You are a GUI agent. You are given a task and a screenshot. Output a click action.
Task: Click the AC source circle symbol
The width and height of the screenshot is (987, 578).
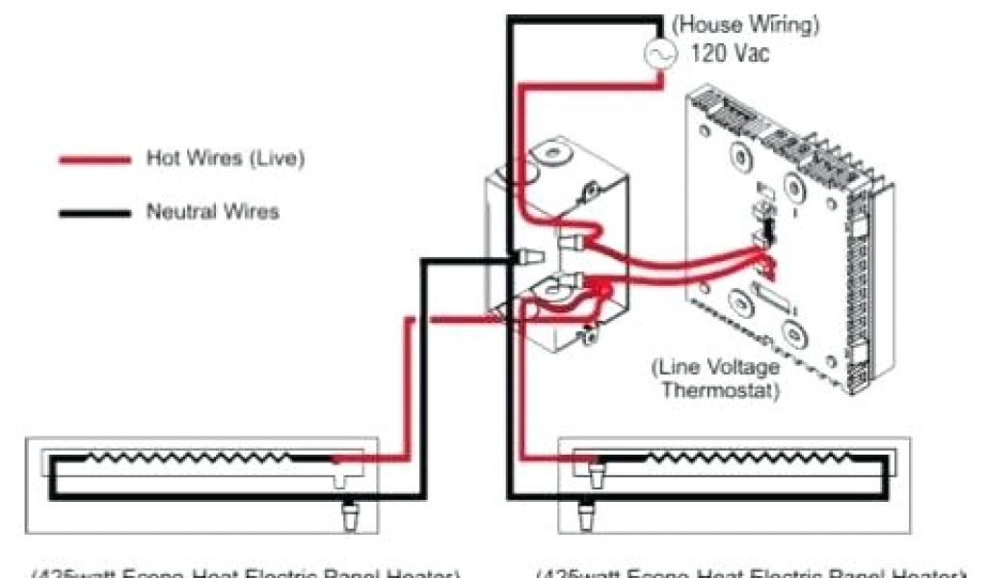[x=662, y=54]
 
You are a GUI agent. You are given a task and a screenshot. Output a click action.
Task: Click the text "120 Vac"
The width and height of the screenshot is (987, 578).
[x=730, y=54]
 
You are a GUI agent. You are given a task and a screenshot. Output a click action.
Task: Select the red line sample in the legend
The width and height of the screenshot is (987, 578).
[x=94, y=160]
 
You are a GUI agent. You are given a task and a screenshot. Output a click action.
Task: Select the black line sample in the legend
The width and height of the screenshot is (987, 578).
[x=94, y=213]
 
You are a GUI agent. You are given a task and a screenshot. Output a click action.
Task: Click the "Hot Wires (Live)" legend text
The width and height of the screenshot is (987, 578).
[x=225, y=158]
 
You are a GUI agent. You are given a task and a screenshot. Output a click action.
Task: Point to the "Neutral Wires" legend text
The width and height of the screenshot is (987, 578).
[x=212, y=211]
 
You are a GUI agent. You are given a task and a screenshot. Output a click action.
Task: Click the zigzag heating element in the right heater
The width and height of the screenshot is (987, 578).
[x=733, y=456]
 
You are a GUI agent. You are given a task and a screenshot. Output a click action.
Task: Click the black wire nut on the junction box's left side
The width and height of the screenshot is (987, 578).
[x=527, y=257]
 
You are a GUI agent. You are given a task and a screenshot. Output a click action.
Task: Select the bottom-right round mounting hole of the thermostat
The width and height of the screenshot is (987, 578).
[x=796, y=333]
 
